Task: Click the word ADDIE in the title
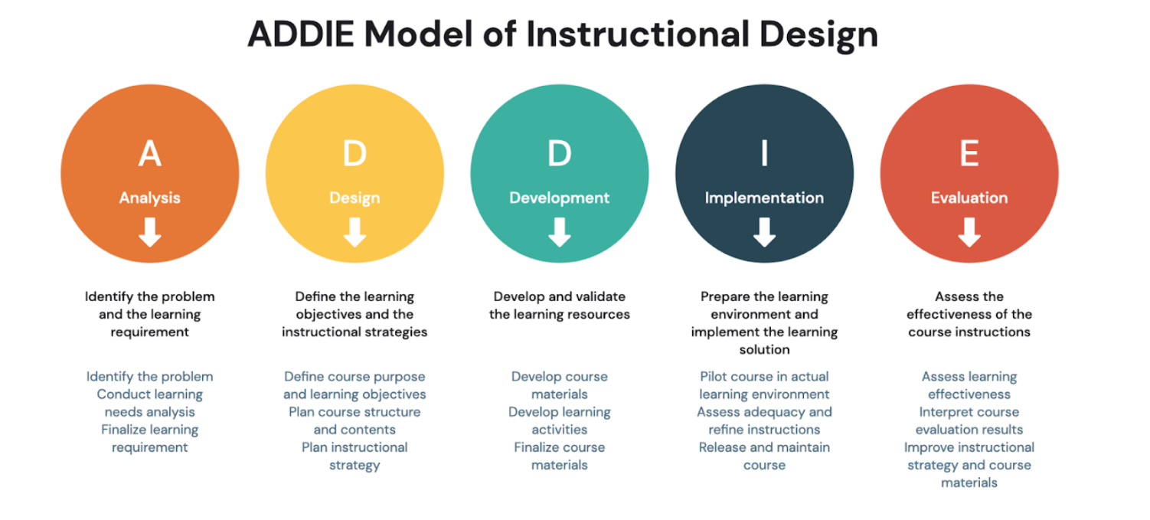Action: click(301, 34)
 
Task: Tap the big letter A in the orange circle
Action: click(150, 153)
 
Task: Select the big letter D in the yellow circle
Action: click(354, 153)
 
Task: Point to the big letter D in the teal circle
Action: click(560, 153)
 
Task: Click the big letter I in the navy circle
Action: click(764, 153)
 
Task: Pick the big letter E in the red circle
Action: click(969, 153)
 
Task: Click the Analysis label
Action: click(150, 198)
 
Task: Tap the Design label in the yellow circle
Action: click(354, 198)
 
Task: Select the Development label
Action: click(560, 198)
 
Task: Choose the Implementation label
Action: click(764, 198)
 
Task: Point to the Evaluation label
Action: click(969, 198)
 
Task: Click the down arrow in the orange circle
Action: click(150, 232)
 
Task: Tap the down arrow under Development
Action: click(560, 232)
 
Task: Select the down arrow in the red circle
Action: click(969, 232)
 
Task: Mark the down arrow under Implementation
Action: click(764, 232)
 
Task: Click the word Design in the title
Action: click(818, 36)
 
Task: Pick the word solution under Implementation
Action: click(764, 349)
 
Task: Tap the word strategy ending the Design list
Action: click(354, 466)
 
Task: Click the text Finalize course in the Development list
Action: click(560, 447)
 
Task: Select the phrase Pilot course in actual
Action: click(764, 376)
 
